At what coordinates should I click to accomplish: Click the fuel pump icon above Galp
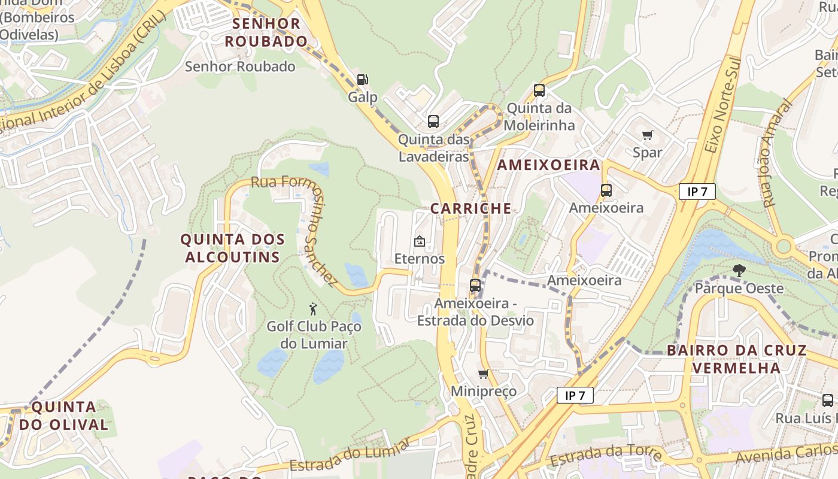click(x=362, y=79)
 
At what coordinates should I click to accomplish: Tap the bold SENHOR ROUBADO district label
click(x=266, y=32)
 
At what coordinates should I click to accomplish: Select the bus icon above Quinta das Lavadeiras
click(x=433, y=122)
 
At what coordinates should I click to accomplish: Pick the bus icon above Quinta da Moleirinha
click(x=539, y=90)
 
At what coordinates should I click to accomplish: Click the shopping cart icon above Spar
click(x=647, y=135)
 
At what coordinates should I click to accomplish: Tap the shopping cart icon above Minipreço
click(x=484, y=374)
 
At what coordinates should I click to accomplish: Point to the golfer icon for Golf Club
click(x=313, y=309)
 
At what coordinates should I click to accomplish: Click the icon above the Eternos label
click(x=420, y=242)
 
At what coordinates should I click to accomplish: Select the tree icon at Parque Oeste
click(x=739, y=271)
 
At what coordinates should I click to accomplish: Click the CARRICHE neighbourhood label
click(x=471, y=208)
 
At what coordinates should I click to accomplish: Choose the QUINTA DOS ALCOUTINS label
click(x=233, y=248)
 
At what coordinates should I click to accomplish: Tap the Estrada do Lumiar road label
click(x=350, y=455)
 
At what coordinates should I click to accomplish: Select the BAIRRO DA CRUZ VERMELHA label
click(x=736, y=359)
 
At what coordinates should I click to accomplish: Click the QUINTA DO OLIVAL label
click(x=63, y=416)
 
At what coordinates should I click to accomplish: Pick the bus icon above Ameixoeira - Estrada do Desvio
click(x=475, y=286)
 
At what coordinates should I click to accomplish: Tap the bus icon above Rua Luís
click(x=828, y=400)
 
